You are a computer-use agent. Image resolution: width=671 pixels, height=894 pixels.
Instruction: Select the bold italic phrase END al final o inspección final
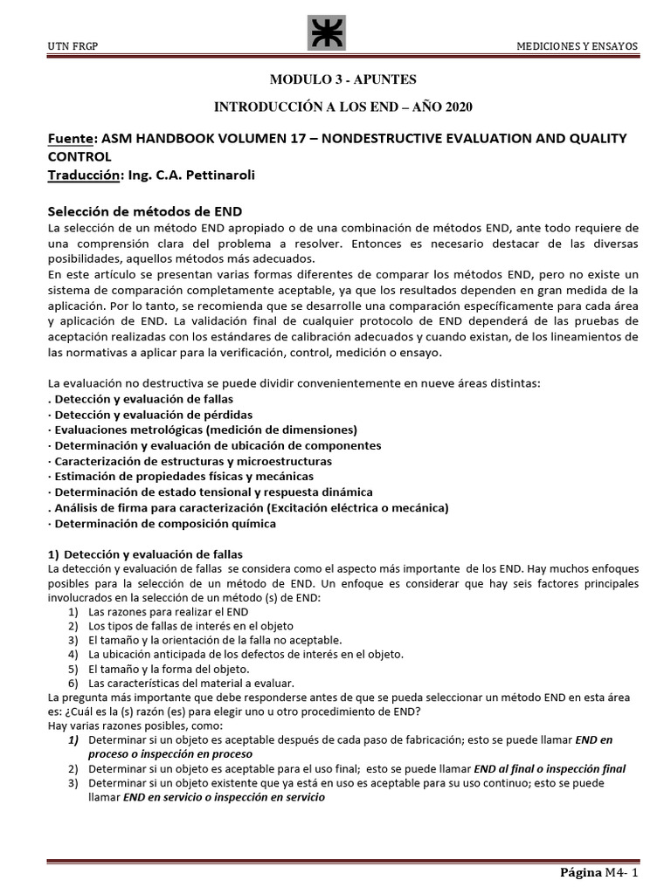click(x=549, y=768)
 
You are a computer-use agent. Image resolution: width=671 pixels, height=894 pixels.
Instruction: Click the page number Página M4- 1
click(x=603, y=873)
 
